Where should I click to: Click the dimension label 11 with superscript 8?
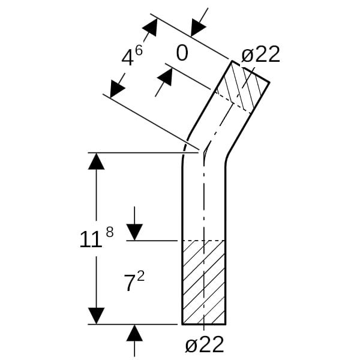97,237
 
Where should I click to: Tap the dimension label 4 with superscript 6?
132,56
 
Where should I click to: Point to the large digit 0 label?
182,53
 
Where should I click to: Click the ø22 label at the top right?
260,54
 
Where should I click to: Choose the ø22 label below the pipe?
205,344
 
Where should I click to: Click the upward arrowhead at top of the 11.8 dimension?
96,161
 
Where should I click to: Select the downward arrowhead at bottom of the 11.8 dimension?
96,316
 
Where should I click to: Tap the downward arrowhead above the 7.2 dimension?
134,232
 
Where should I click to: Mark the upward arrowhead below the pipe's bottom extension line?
134,333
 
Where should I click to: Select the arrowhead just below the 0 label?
166,77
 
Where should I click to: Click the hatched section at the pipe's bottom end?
203,282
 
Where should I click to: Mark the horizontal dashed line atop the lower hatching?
203,241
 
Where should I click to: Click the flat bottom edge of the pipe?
204,324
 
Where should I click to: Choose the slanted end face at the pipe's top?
250,71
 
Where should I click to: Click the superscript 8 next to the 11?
110,232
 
